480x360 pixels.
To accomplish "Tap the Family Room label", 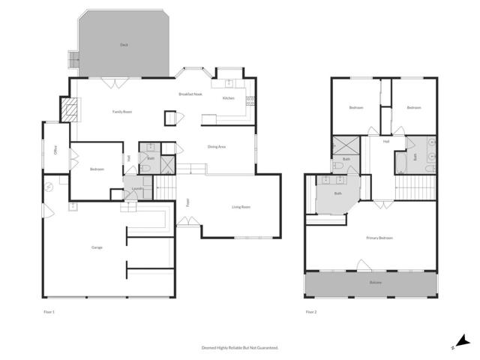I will (x=122, y=112).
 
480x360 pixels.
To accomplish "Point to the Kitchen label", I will (x=228, y=98).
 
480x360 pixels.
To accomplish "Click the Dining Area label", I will (x=217, y=147).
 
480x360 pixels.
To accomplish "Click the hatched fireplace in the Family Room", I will (x=69, y=111).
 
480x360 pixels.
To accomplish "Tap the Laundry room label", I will (x=137, y=188).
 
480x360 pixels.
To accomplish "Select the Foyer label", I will (x=187, y=202).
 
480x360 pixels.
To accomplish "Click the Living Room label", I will (x=241, y=207).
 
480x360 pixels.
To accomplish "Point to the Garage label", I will (x=97, y=247).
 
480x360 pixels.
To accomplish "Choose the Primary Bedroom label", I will (x=379, y=238).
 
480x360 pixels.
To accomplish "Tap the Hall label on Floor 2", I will (x=385, y=141).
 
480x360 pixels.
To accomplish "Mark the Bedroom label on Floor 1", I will (x=97, y=169).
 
